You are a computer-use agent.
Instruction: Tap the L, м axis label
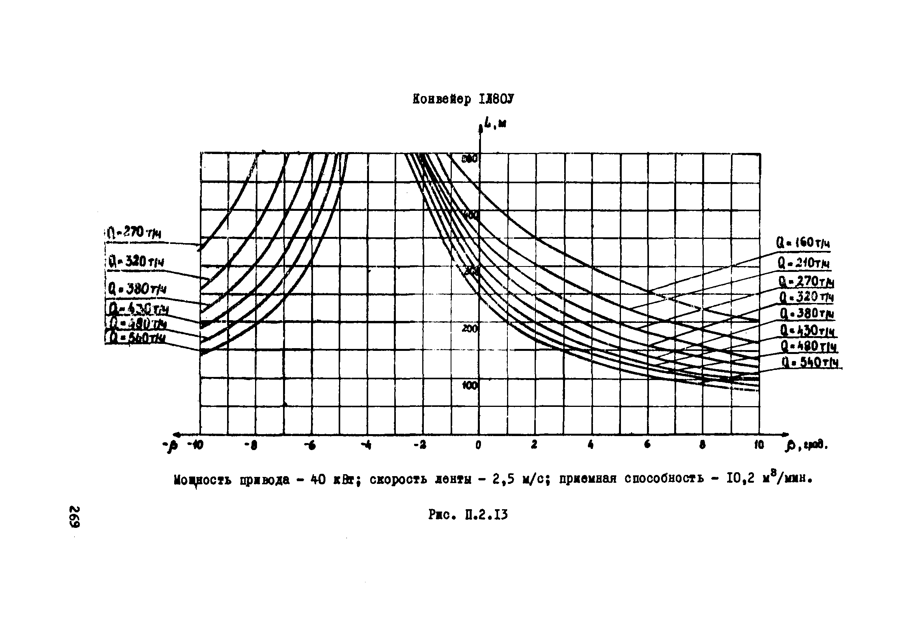tap(495, 124)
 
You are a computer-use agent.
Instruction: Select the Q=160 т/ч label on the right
tap(803, 243)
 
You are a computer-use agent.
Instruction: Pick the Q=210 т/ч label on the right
tap(803, 263)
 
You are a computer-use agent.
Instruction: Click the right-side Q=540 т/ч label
tap(810, 363)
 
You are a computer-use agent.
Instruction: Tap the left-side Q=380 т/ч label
tap(137, 289)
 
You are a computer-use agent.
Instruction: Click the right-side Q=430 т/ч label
tap(807, 330)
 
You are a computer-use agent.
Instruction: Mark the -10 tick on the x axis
tap(195, 445)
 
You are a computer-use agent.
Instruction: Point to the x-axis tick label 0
tap(479, 445)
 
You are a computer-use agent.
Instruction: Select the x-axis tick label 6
tap(647, 445)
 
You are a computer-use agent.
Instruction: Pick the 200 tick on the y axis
tap(469, 329)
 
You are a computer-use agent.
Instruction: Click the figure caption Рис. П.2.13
tap(468, 515)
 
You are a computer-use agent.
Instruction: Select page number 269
tap(75, 517)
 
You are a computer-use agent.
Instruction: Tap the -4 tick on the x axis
tap(366, 445)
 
